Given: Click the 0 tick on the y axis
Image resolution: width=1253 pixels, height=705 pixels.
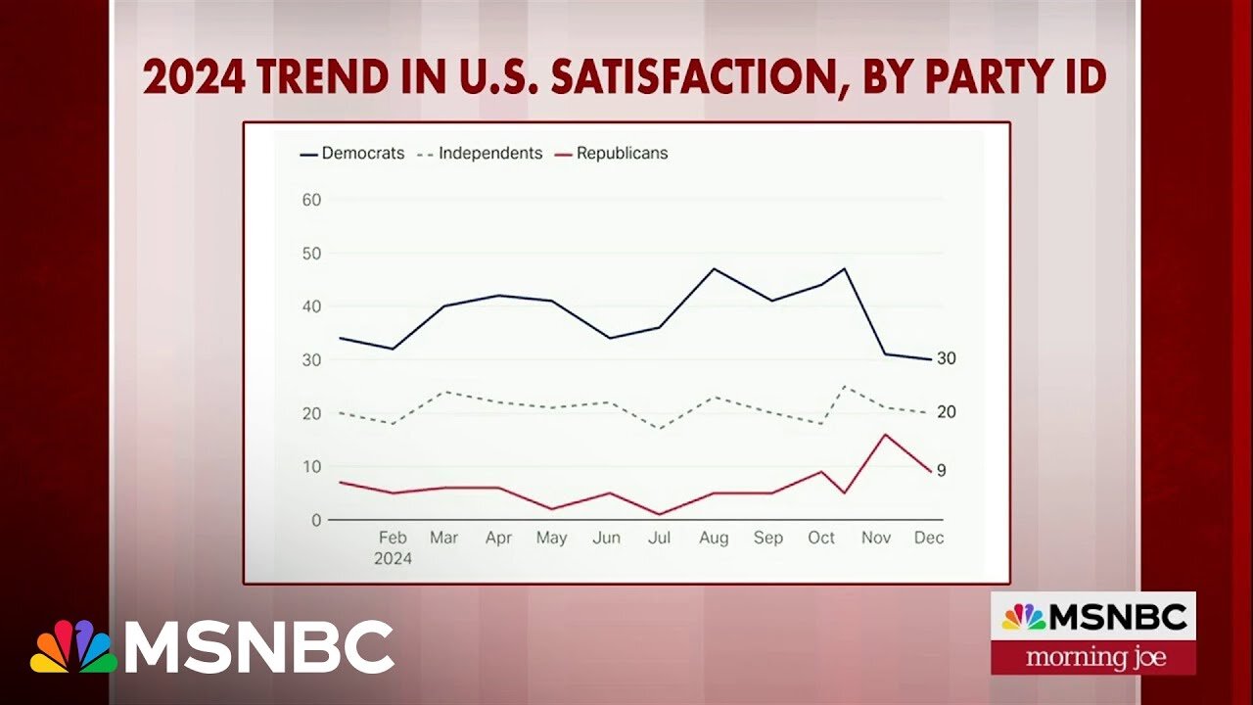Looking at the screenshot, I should tap(315, 520).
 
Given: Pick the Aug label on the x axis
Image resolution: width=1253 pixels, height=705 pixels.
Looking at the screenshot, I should tap(714, 538).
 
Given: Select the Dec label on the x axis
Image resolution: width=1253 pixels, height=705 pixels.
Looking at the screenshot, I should tap(928, 538).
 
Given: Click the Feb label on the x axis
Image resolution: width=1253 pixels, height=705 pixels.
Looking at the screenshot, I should tap(393, 538).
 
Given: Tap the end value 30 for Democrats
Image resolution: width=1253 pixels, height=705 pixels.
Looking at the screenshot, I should tap(946, 358).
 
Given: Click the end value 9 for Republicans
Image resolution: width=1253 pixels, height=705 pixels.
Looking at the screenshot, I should tap(941, 470).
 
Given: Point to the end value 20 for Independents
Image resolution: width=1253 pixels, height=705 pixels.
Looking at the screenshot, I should tap(946, 412).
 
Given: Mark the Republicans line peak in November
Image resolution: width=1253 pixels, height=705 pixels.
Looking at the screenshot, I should tap(885, 434).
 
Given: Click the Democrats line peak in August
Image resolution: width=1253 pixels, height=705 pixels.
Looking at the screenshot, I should tap(714, 268).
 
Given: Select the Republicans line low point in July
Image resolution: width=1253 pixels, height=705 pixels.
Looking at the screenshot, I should tap(661, 514).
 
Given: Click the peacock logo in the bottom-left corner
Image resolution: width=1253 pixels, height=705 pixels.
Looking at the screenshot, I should tap(73, 646).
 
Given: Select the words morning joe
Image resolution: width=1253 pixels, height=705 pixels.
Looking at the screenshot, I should tap(1095, 657).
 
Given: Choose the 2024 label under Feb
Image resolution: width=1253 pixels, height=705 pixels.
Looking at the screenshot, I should tap(393, 559).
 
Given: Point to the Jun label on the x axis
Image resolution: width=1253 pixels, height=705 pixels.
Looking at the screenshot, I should tap(607, 538).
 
